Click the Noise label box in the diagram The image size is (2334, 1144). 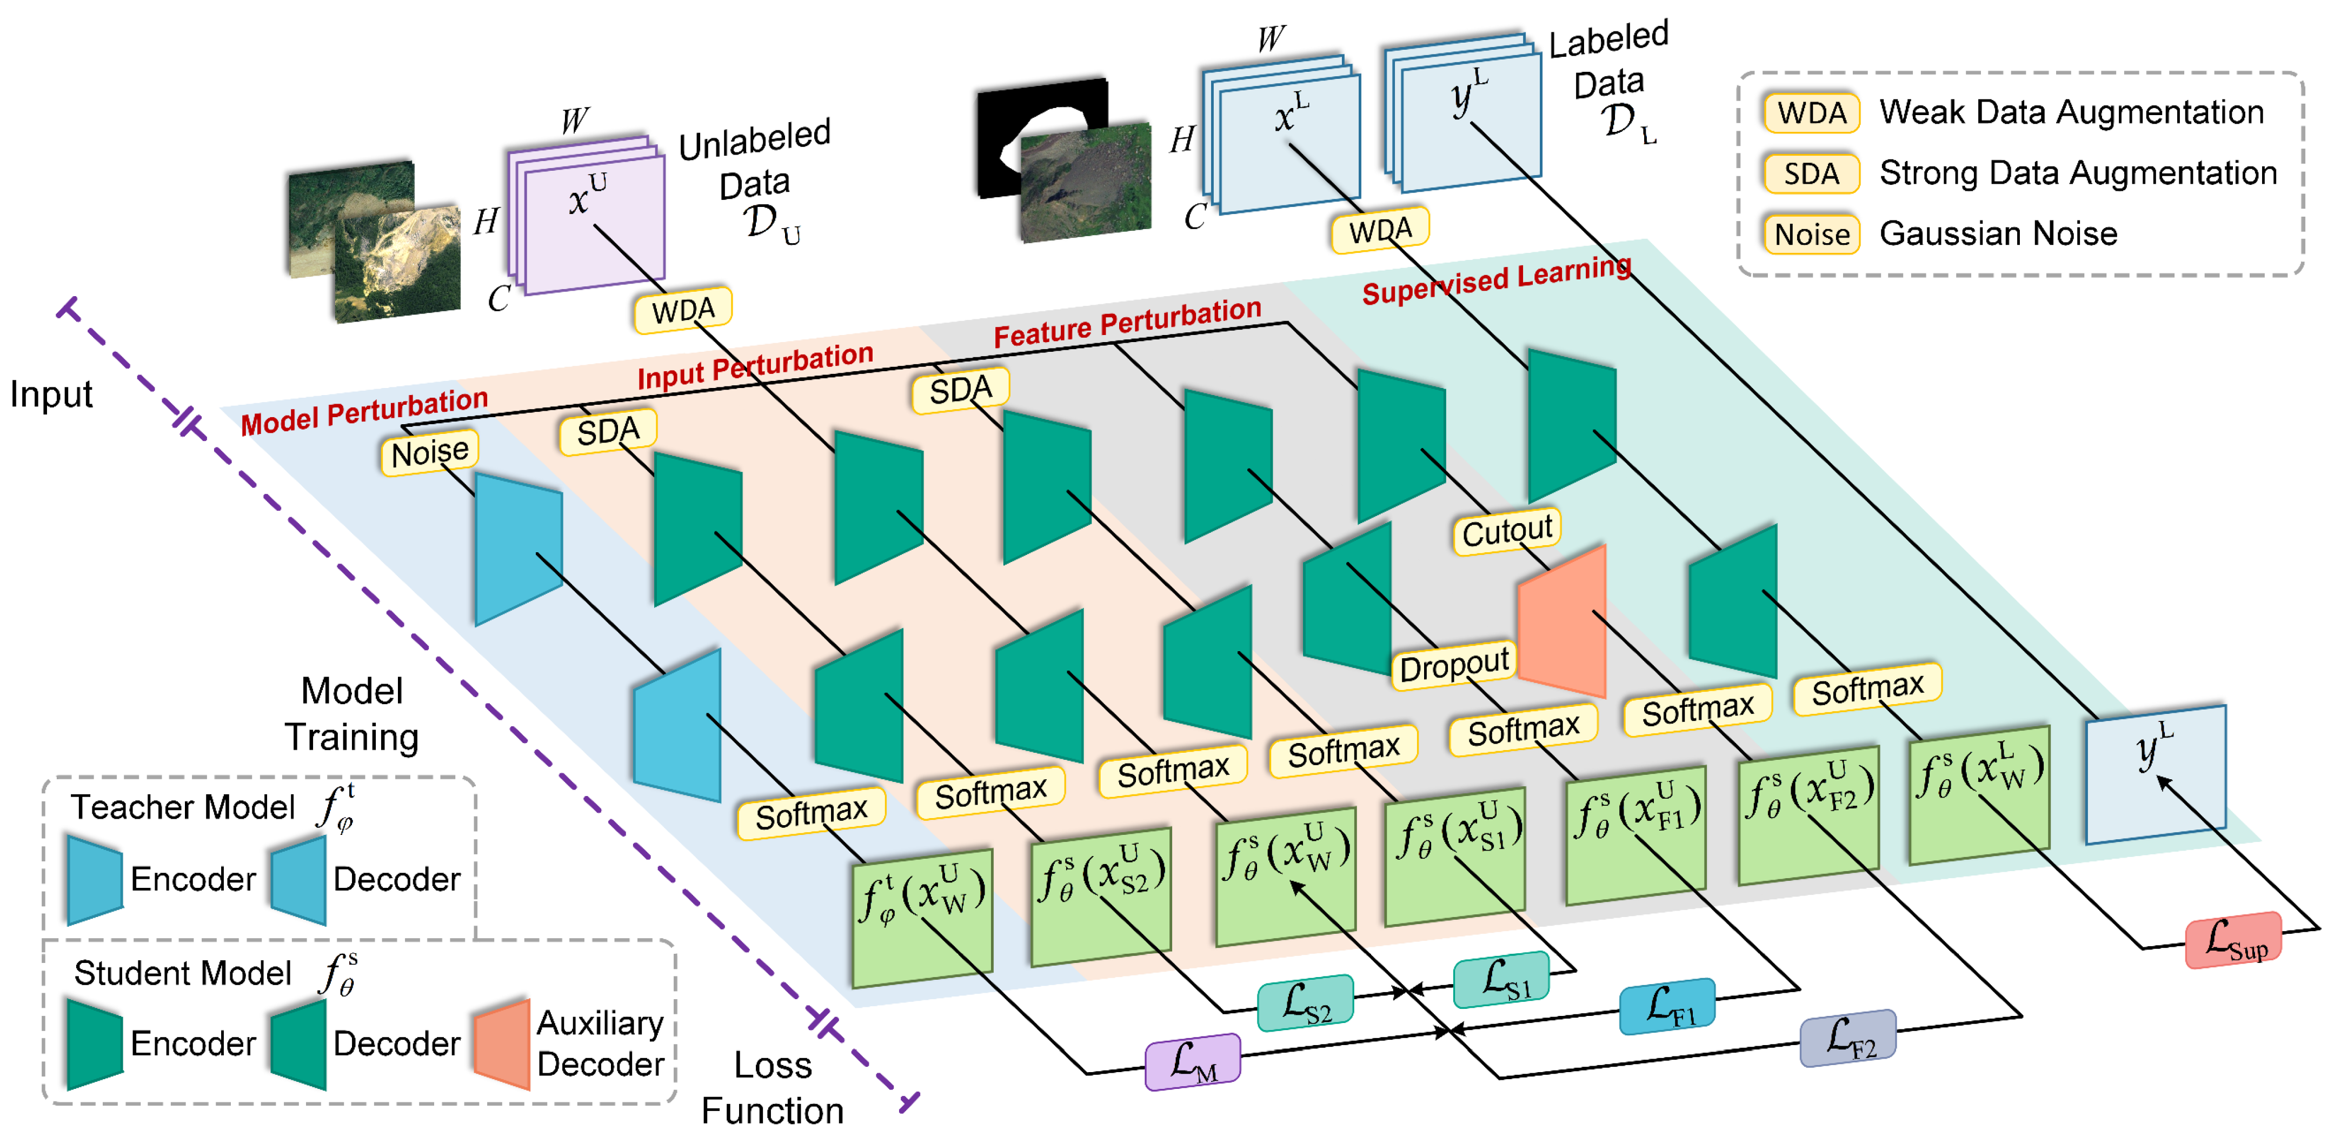(429, 452)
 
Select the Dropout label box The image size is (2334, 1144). (1453, 667)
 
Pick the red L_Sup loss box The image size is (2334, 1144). (2233, 940)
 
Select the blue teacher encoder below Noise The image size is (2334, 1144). (518, 548)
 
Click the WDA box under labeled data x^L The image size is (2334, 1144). (1380, 230)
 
